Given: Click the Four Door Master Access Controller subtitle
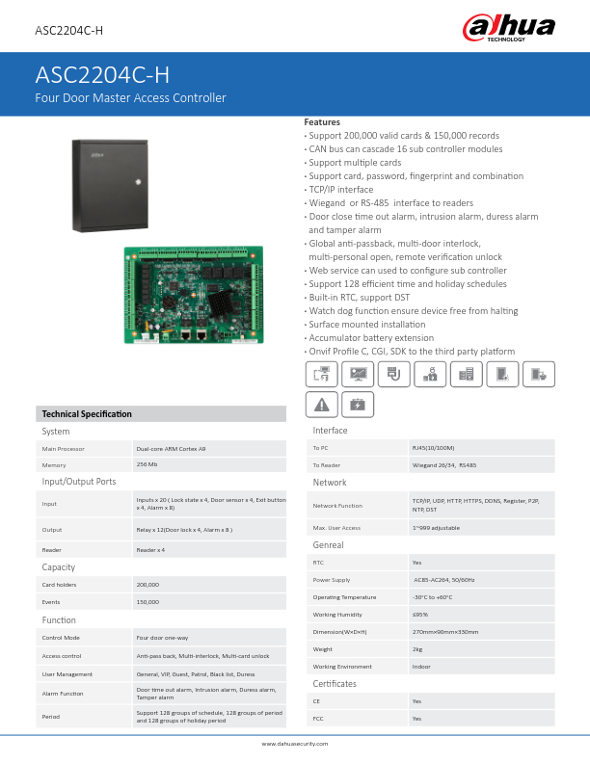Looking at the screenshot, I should coord(130,98).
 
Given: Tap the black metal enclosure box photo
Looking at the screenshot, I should coord(109,185).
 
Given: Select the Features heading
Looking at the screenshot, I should coord(322,122).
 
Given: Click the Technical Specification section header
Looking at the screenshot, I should coord(87,414).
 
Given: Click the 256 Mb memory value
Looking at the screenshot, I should coord(147,464).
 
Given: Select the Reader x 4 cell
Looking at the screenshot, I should coord(150,549).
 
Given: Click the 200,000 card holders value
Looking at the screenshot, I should coord(148,585).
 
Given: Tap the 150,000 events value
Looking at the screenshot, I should coord(148,601).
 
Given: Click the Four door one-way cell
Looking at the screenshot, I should coord(161,638).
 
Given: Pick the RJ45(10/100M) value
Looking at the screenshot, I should coord(431,448).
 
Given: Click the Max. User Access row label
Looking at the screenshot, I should coord(336,528).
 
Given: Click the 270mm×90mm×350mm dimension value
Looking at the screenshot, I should coord(445,631).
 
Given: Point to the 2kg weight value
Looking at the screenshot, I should coord(417,649).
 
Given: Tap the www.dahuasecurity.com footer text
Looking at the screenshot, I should coord(295,744).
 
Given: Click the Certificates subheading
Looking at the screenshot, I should coord(335,683).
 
